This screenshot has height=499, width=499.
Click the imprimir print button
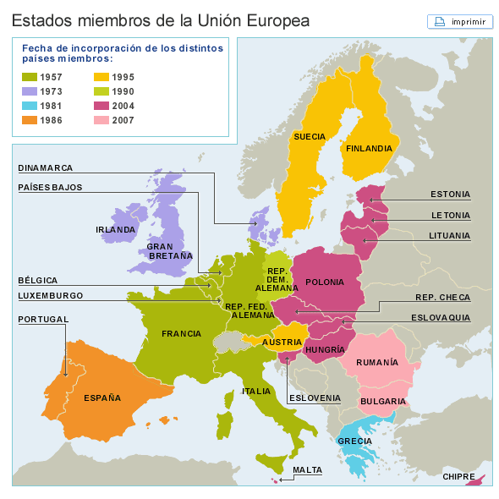point(460,21)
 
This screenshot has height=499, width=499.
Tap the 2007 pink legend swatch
point(100,120)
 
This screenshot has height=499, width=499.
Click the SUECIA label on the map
point(310,136)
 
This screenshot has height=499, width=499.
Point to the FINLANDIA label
point(368,148)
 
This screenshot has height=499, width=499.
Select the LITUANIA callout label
point(448,235)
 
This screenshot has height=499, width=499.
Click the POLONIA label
point(325,282)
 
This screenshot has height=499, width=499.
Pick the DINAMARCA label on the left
point(46,167)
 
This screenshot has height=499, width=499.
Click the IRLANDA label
point(116,229)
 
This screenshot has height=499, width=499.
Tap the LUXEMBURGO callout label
point(51,295)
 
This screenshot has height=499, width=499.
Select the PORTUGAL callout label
point(43,320)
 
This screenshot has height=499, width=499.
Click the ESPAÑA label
point(102,398)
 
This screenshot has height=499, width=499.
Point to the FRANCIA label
point(181,333)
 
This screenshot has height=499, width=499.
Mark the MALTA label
point(307,469)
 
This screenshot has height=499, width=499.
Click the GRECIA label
point(354,441)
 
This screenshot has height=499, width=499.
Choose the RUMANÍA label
point(401,362)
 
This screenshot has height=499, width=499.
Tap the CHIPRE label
point(458,476)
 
